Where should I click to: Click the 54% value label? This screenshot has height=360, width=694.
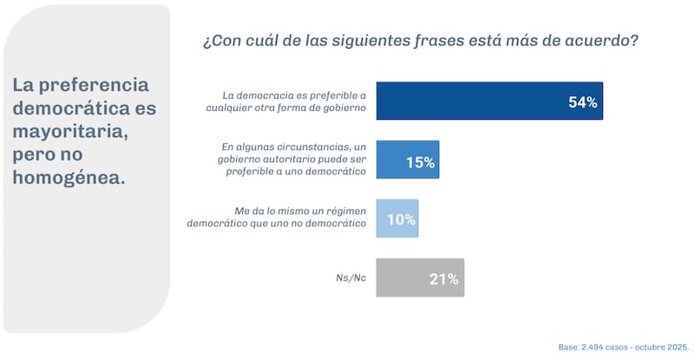coord(583,102)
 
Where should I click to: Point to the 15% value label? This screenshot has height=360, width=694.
coord(420,161)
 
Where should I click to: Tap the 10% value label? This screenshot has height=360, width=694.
coord(400,220)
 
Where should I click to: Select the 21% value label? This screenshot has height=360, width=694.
coord(443,279)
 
